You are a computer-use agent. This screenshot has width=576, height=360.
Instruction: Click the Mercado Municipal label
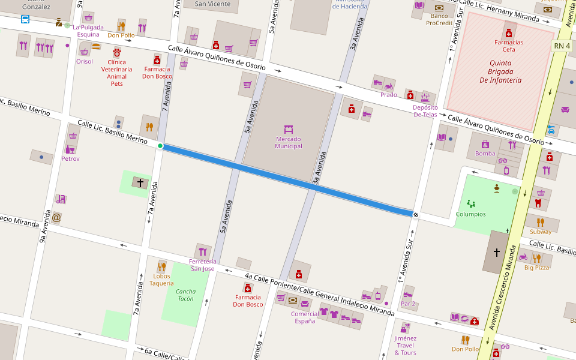coord(289,143)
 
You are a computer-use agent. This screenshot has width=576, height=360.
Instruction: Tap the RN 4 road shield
coord(562,46)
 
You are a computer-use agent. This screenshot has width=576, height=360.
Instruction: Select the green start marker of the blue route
coord(160,146)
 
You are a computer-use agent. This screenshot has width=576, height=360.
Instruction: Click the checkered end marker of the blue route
coord(415,214)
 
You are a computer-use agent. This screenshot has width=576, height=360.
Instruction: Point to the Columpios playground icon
coord(471,204)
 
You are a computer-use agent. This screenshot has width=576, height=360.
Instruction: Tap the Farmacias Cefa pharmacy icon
coord(509,33)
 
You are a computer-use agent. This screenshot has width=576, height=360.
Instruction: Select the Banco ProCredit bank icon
coord(439,8)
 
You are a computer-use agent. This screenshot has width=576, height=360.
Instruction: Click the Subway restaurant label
coord(541,232)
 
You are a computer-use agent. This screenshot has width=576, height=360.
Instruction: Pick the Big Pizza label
coord(536,268)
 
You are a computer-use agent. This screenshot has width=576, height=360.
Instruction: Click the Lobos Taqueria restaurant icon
coord(161,266)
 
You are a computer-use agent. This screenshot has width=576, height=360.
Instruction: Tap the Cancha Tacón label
coord(185,295)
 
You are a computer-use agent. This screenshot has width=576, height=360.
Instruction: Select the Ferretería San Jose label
coord(202,265)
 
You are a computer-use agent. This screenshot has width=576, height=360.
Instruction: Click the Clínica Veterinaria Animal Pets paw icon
coord(117,52)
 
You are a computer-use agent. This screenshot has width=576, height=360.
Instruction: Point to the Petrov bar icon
coord(70,149)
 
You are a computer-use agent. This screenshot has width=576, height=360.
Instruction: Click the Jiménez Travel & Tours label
coord(405,345)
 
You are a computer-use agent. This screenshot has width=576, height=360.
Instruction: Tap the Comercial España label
coord(305,317)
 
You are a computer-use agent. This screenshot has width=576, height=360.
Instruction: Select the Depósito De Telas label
coord(425,111)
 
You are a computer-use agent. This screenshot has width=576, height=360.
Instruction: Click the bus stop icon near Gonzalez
coord(25,19)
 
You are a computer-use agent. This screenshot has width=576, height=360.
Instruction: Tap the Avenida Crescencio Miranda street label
coord(503,288)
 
